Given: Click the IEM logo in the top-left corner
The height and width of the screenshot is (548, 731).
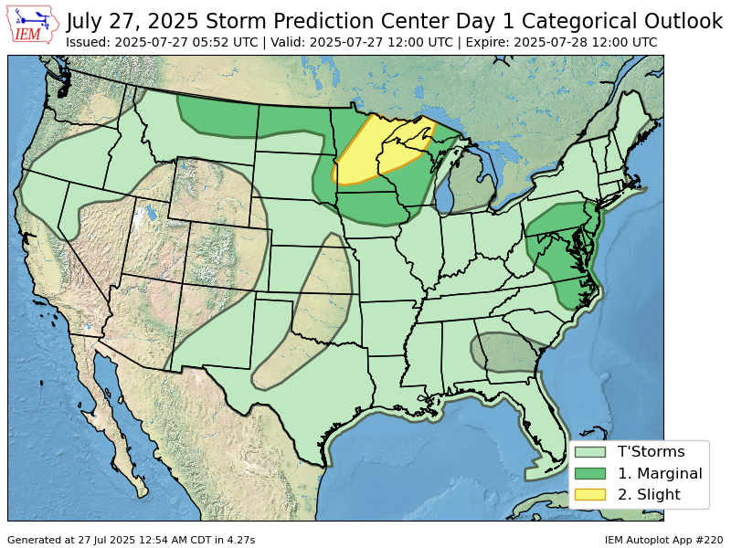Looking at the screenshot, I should [x=33, y=25].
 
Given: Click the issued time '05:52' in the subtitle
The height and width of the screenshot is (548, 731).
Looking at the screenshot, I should [x=222, y=42].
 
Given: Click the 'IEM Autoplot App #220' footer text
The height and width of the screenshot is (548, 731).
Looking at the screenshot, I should [x=663, y=540].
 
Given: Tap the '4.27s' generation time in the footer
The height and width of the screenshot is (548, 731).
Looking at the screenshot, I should [x=238, y=540].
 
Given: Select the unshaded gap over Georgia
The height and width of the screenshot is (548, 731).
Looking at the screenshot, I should [x=503, y=353].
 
